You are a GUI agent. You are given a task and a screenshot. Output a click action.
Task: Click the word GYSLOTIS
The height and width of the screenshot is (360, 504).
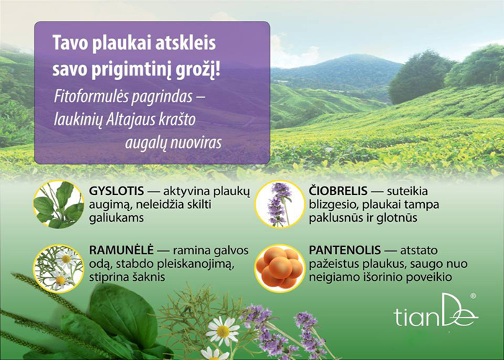(x=117, y=191)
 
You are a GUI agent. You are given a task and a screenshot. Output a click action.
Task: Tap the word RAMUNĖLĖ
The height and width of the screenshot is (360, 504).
(x=121, y=250)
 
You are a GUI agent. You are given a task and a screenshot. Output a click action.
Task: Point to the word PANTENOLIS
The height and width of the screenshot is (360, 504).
(x=345, y=250)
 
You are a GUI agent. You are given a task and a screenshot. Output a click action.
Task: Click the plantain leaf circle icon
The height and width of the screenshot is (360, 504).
(x=58, y=204)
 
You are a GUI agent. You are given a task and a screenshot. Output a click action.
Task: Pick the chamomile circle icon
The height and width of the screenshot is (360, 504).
(x=58, y=269)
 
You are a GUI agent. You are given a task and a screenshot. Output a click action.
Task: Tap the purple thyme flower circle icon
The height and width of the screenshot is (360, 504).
(x=279, y=204)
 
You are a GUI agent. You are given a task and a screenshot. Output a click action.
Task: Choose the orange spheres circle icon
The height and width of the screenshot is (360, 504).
(x=279, y=269)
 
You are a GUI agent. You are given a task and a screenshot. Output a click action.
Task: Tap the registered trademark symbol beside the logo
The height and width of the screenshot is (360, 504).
(x=473, y=296)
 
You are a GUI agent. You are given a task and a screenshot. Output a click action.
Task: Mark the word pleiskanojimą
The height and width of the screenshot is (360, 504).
(x=194, y=264)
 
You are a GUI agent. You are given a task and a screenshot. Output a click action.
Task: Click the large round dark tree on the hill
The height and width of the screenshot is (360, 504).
(x=420, y=77)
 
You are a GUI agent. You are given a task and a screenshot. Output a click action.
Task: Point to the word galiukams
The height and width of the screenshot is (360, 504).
(x=117, y=218)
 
